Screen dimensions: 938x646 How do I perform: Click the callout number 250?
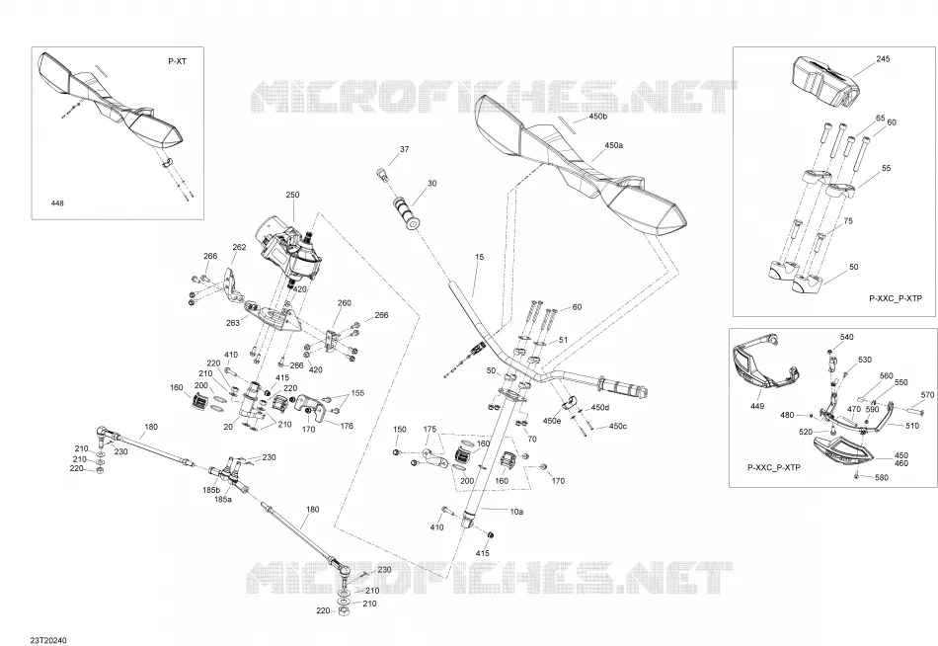point(292,195)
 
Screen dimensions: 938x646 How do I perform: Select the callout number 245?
point(883,58)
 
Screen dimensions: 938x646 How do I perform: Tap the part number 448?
point(57,203)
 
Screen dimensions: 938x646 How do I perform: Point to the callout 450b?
point(597,117)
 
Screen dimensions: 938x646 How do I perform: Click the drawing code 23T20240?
point(49,641)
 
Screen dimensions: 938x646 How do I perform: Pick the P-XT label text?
point(177,61)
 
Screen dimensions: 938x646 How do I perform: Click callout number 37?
point(405,149)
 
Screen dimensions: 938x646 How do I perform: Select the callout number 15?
point(479,257)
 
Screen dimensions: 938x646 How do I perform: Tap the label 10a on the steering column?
point(516,512)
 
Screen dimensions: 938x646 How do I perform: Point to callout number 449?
point(756,406)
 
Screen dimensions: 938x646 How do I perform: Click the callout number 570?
point(927,395)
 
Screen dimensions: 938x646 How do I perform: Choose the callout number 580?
point(882,478)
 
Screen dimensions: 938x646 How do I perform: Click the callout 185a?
point(222,499)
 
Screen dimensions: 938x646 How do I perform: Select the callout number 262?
point(239,247)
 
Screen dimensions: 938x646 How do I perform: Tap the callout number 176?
point(347,426)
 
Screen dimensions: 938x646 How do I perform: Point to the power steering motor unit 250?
point(289,253)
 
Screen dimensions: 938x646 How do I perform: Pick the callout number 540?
point(847,337)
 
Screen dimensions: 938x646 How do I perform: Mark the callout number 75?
point(848,221)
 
